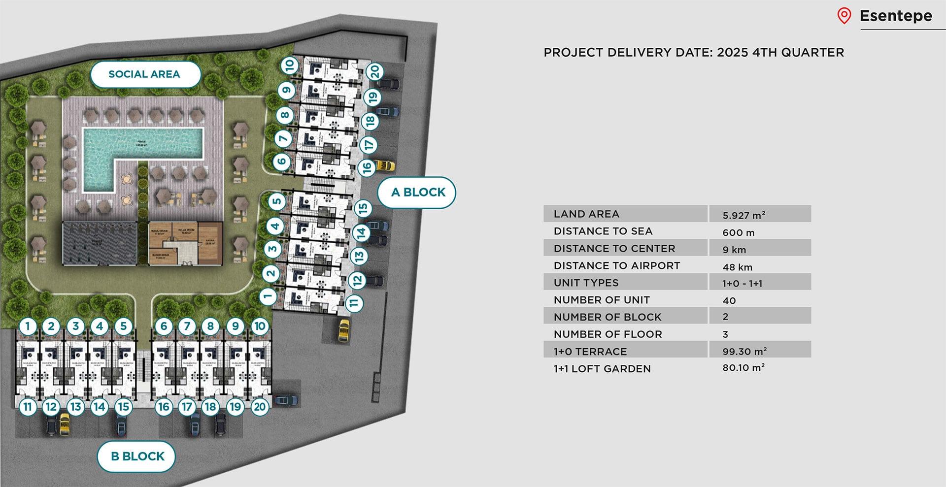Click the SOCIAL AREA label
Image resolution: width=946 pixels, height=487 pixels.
pyautogui.click(x=144, y=74)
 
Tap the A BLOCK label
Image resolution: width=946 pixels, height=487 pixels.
pyautogui.click(x=417, y=192)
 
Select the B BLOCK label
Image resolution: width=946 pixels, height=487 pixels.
pyautogui.click(x=137, y=456)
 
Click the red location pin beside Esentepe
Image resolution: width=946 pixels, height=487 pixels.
pyautogui.click(x=844, y=16)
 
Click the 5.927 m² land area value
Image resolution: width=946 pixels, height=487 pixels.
pyautogui.click(x=743, y=215)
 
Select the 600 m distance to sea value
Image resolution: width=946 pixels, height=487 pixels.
pyautogui.click(x=738, y=232)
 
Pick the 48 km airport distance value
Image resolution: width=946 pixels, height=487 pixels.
pyautogui.click(x=737, y=267)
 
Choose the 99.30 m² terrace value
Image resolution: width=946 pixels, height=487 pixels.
pyautogui.click(x=744, y=351)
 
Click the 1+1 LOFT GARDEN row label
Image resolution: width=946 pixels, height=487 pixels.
pyautogui.click(x=602, y=368)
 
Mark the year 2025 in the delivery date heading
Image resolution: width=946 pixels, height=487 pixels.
pyautogui.click(x=733, y=52)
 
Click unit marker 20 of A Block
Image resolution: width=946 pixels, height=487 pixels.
pyautogui.click(x=375, y=71)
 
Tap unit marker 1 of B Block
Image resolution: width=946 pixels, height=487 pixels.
pyautogui.click(x=28, y=326)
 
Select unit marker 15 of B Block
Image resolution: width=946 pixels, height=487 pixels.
pyautogui.click(x=124, y=407)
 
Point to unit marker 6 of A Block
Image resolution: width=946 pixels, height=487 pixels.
pyautogui.click(x=281, y=161)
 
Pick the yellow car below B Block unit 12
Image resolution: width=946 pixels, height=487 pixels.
pyautogui.click(x=64, y=423)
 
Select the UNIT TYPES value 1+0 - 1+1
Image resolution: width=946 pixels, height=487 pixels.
pyautogui.click(x=742, y=283)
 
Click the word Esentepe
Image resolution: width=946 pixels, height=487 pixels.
pyautogui.click(x=896, y=16)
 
